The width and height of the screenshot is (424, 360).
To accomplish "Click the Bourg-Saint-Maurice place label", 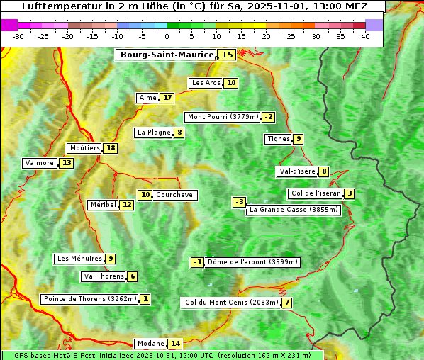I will click(x=167, y=55).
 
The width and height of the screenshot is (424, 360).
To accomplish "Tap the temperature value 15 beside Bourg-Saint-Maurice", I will click(x=227, y=55).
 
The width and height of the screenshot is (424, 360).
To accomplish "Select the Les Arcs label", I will click(x=206, y=83).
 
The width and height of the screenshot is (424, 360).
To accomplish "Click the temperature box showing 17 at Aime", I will click(x=167, y=98).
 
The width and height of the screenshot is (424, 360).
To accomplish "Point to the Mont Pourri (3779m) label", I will click(x=223, y=117).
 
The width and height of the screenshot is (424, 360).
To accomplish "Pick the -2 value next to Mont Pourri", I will click(x=268, y=117).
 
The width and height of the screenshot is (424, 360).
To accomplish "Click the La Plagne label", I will click(x=154, y=133).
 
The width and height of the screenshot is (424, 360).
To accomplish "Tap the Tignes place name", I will click(x=278, y=139).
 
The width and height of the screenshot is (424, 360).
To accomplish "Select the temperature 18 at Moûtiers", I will click(x=111, y=148).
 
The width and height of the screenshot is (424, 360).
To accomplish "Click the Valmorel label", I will click(x=40, y=163).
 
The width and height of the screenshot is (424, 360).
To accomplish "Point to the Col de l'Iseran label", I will click(x=316, y=193).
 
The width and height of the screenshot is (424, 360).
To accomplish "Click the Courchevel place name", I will click(x=176, y=195).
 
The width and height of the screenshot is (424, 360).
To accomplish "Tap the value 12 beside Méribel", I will click(x=126, y=205).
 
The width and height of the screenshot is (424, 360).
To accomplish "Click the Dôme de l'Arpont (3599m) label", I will click(x=252, y=262).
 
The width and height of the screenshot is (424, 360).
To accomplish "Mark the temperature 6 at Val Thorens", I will click(x=133, y=276).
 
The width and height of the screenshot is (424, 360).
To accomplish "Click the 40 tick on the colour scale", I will click(x=365, y=36).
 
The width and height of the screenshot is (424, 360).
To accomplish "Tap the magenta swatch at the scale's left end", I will click(x=9, y=25).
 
